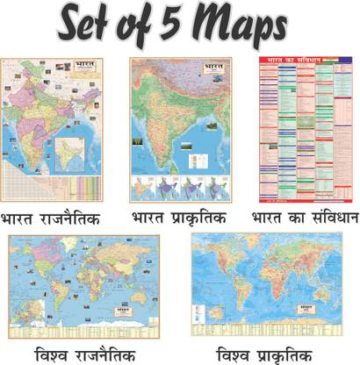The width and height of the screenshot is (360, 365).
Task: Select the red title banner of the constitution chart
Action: point(295,63)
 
